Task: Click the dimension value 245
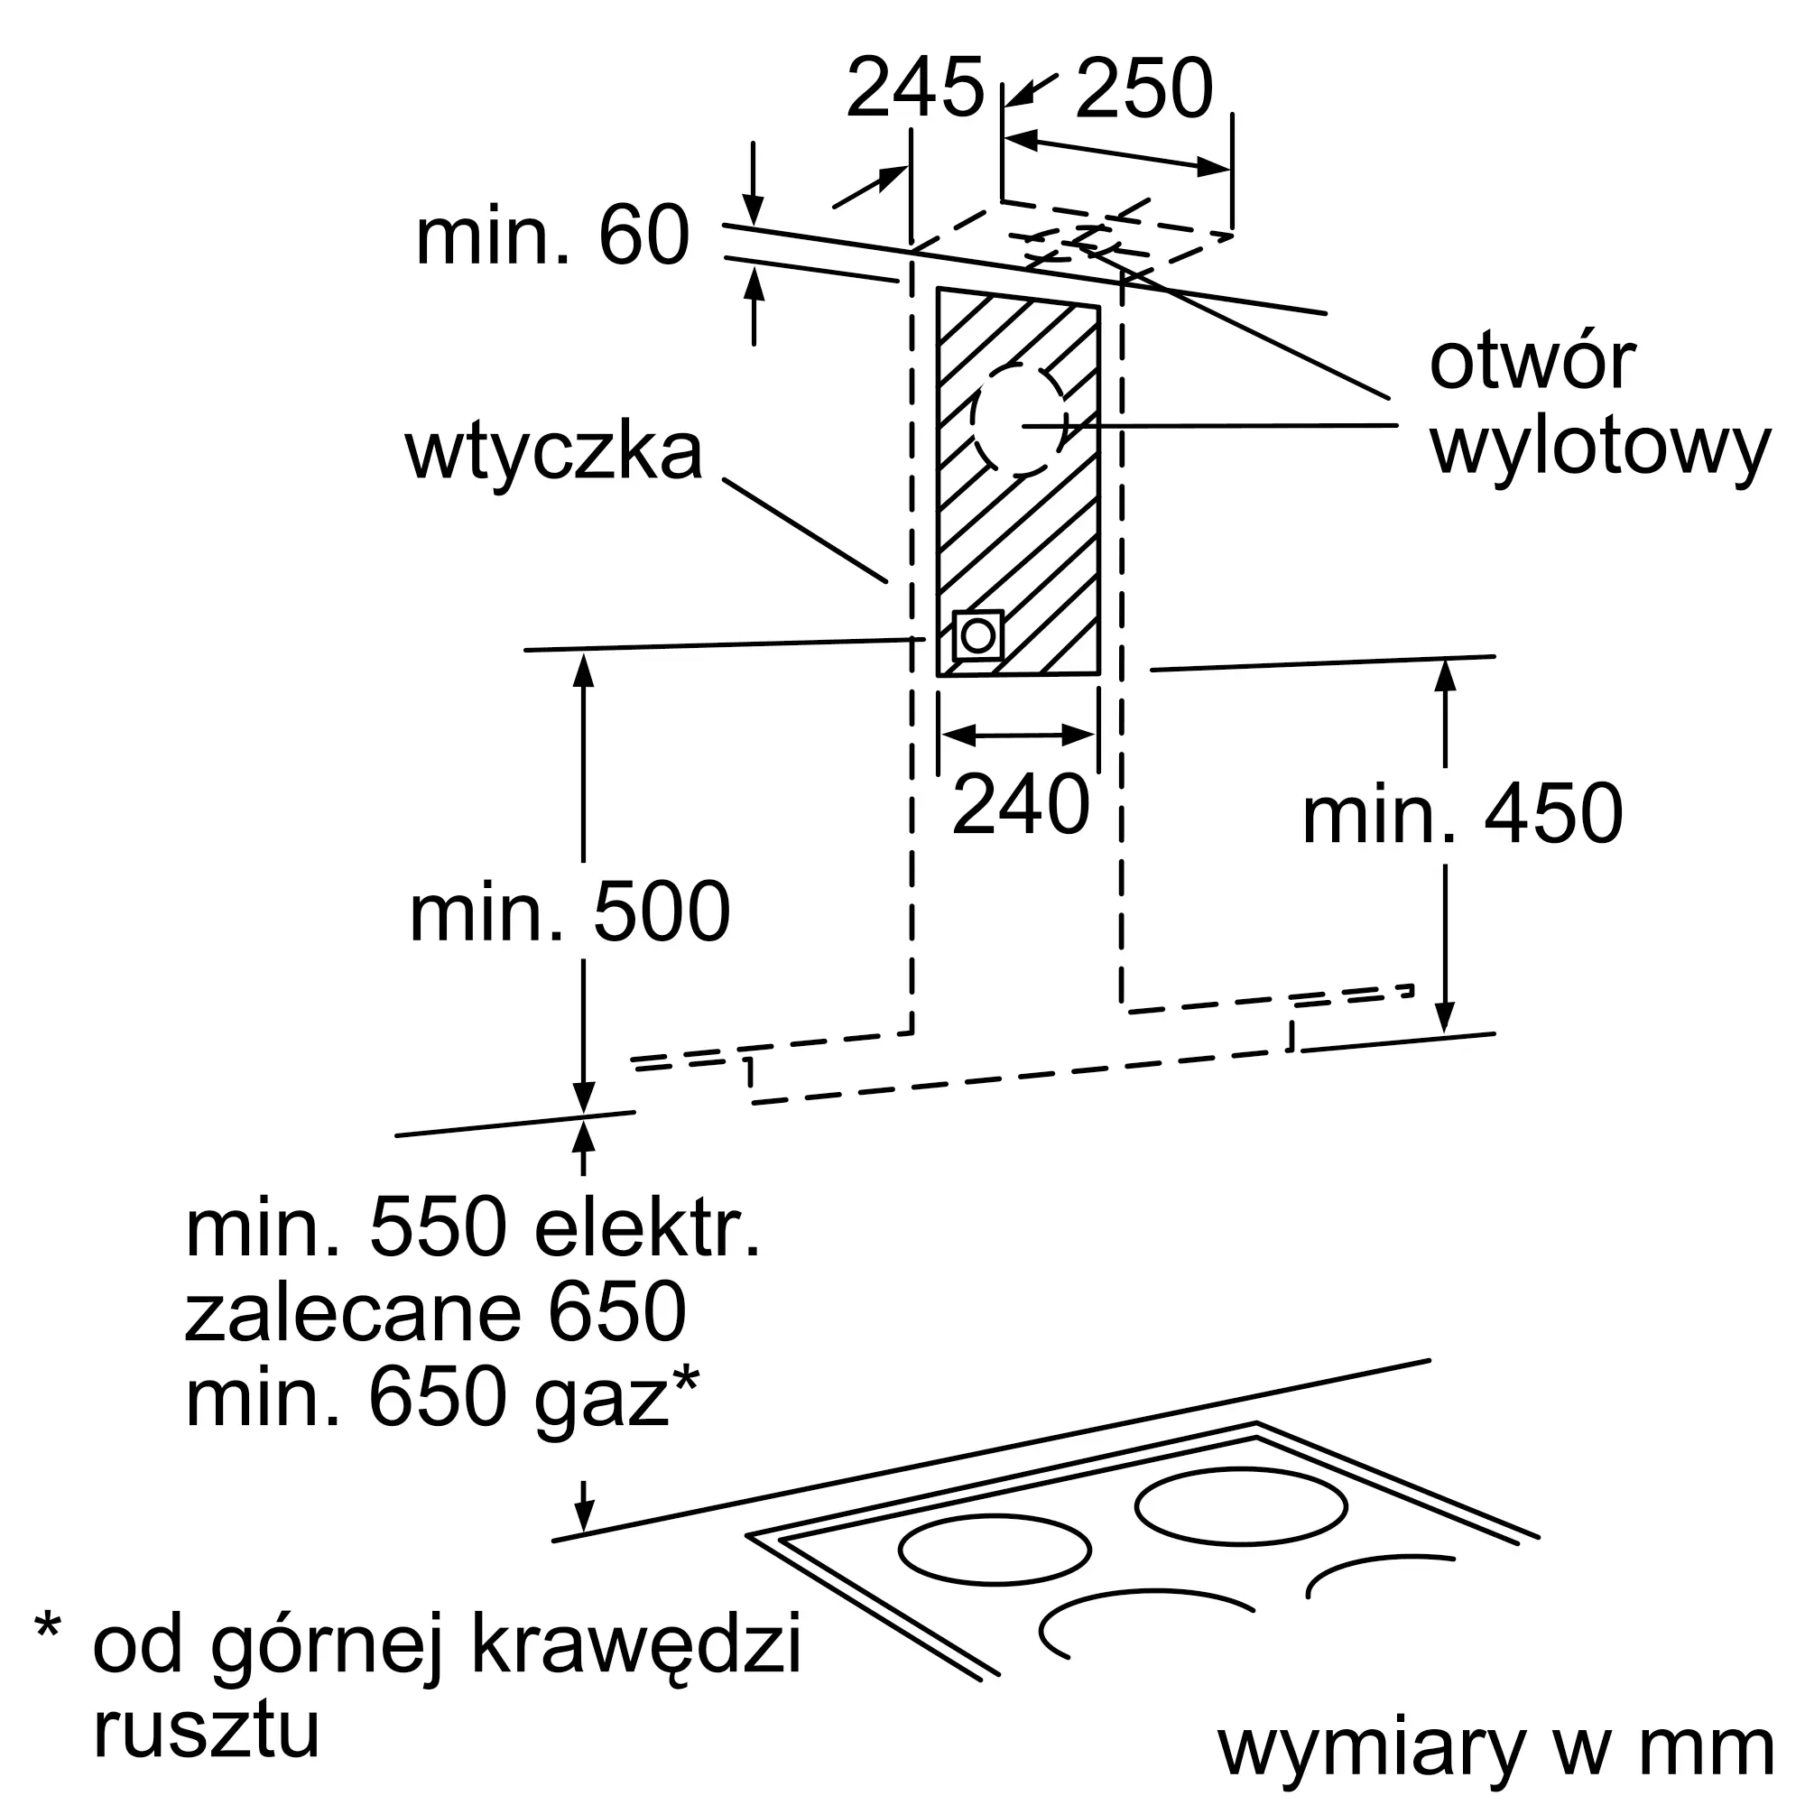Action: [x=914, y=88]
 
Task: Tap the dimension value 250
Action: [x=1143, y=88]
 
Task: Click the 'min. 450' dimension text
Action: [x=1462, y=814]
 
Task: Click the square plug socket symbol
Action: [x=978, y=636]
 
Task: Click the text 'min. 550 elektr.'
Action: [x=473, y=1228]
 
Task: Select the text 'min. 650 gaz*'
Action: [x=442, y=1397]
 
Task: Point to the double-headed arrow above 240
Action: [x=1018, y=736]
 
